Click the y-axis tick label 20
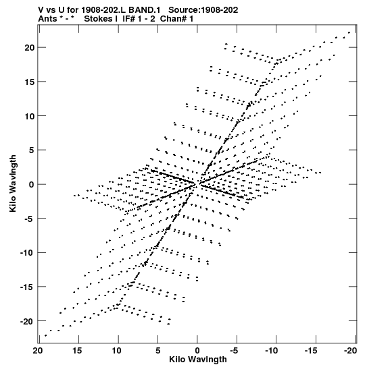pos(30,48)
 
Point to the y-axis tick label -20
pos(27,321)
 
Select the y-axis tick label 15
pos(30,82)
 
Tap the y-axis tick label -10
pos(27,253)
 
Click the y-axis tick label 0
pos(32,185)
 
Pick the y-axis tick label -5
pos(30,219)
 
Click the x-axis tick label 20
pos(38,351)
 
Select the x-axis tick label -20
pos(350,351)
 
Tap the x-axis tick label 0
pos(197,351)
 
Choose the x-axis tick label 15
pos(77,351)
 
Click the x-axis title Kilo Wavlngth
pos(198,360)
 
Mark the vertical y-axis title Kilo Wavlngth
pos(13,183)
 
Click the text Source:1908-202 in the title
pos(203,10)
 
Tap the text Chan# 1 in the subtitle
pos(176,19)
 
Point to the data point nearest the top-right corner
pos(349,32)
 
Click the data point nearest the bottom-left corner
pos(45,335)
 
